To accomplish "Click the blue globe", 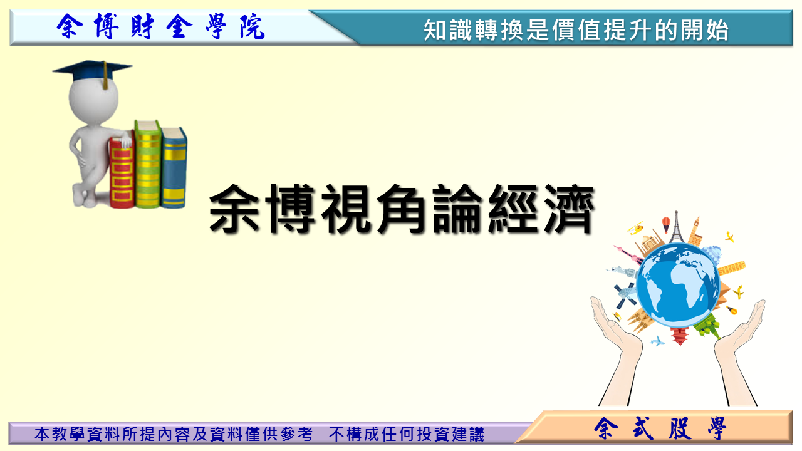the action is (x=678, y=284).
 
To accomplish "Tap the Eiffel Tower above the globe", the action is (x=676, y=227).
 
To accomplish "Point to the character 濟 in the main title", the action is (x=570, y=209).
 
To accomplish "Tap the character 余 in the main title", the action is (x=234, y=209).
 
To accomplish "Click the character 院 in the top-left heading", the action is (x=253, y=27).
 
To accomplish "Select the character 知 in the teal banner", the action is (x=435, y=30).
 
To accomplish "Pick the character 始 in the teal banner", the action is (x=717, y=30).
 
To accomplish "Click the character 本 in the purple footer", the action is (x=42, y=434).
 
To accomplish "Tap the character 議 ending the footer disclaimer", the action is (x=476, y=434).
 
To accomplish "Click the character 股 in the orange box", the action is (x=680, y=428).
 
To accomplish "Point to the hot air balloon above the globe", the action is (x=666, y=224).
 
